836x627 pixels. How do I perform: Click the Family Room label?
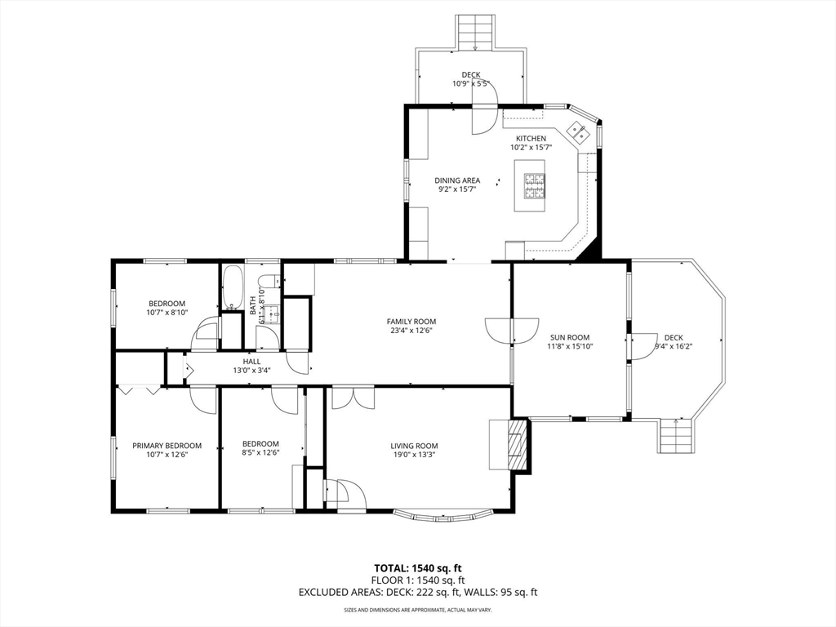[411, 322]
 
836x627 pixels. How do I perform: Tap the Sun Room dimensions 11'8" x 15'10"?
[570, 346]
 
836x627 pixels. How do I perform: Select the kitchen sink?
[577, 131]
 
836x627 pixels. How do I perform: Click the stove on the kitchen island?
[535, 185]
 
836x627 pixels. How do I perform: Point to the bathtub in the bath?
[233, 287]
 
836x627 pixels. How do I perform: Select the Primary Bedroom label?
[167, 446]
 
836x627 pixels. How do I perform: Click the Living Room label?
[414, 446]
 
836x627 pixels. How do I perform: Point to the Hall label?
[251, 362]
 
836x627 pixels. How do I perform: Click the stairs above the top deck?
[474, 33]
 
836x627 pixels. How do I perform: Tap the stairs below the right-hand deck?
[676, 436]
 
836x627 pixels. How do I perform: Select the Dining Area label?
[457, 180]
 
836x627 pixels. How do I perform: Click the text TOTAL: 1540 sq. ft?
[417, 568]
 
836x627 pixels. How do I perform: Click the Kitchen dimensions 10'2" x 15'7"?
[531, 147]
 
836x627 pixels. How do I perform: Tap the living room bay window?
[443, 516]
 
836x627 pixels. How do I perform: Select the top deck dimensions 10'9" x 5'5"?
[471, 84]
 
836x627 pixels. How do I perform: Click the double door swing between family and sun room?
[513, 331]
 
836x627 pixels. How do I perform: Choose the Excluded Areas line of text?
[418, 592]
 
